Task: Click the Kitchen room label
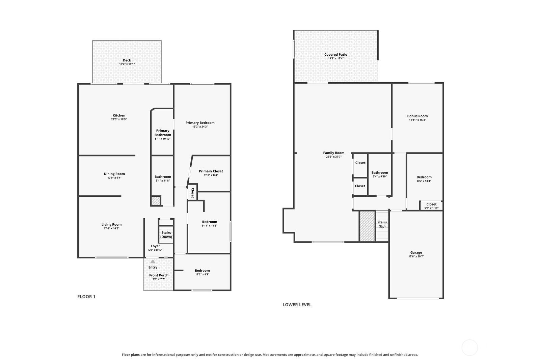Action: pos(119,115)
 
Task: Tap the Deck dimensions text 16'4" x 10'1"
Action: pos(127,64)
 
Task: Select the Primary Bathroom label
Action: pos(163,133)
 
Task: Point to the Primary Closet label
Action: pos(211,171)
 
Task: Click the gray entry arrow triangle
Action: pos(153,261)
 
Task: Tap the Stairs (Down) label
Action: pos(166,235)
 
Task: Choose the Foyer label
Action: pos(156,246)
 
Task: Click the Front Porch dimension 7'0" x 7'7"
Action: pos(159,279)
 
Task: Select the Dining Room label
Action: pos(114,174)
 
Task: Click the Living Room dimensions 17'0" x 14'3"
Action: pos(111,228)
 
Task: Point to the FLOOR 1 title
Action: pos(86,297)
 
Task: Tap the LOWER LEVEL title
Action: pos(297,305)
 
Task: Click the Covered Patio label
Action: pos(335,55)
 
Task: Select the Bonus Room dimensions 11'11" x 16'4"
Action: pos(417,120)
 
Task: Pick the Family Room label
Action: pos(334,153)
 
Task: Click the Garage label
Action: pos(416,252)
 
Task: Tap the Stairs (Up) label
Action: pos(382,224)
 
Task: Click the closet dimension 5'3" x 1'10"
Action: pos(431,208)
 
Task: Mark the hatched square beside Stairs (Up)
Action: pos(367,226)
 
